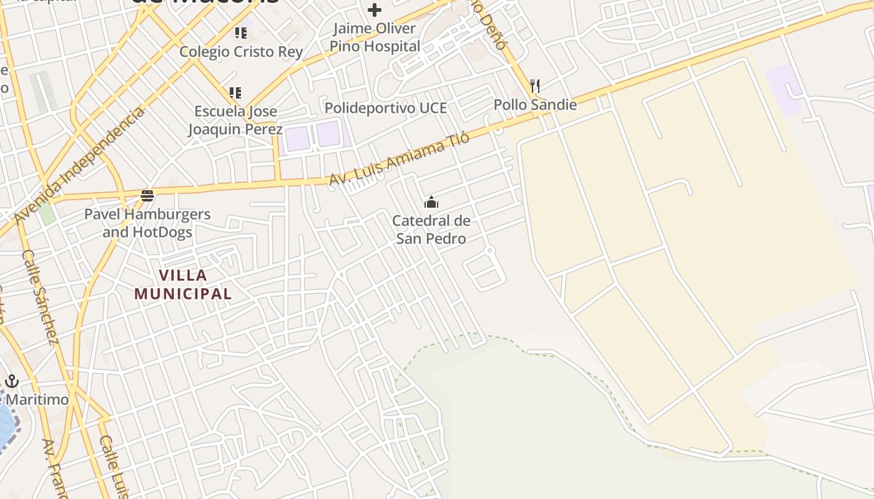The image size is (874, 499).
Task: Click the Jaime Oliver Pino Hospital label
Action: point(375,37)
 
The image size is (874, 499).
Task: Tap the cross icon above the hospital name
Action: point(375,10)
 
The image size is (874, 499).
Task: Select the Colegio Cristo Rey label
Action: point(242,52)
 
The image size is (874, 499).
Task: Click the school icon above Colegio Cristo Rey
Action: point(240,32)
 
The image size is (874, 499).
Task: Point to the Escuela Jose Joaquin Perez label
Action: point(236,120)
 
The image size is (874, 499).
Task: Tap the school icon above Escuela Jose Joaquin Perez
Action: point(235,93)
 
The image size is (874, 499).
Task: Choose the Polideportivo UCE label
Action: point(386,108)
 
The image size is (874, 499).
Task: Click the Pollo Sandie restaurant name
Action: point(535,105)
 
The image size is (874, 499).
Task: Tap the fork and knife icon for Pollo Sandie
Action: point(534,85)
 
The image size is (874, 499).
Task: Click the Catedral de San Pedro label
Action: point(431,230)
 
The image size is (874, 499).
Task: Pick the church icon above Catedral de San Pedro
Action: point(431,202)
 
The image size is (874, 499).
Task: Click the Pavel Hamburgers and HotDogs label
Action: point(147,223)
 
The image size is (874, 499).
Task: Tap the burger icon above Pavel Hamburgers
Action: point(147,196)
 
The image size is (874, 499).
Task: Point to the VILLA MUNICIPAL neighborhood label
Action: point(183,284)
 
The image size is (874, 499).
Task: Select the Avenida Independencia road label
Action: point(79,165)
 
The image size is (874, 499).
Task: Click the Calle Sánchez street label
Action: point(40,297)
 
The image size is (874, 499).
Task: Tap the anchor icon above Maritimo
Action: point(12,381)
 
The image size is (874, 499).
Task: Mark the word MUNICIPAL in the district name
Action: point(183,293)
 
